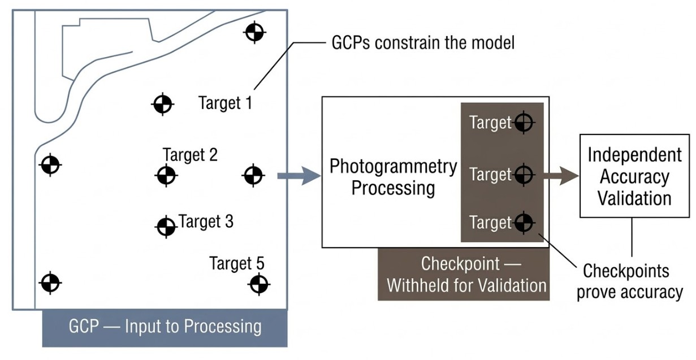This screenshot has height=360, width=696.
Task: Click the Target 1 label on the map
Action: (x=225, y=103)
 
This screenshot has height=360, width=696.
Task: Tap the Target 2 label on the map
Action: (x=190, y=154)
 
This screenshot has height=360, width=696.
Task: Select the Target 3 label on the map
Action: (x=206, y=222)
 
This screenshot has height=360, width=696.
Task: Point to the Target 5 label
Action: (x=236, y=263)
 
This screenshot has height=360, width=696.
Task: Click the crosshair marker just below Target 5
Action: (x=258, y=283)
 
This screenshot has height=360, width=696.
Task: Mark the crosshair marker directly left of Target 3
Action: (x=165, y=227)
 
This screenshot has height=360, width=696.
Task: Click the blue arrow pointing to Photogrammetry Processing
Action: (x=299, y=176)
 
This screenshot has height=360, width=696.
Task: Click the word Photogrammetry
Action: (x=393, y=166)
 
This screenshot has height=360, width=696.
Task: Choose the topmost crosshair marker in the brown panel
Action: (x=524, y=122)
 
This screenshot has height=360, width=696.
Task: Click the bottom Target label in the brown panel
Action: (x=490, y=223)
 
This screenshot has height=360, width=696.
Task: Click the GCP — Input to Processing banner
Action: (x=165, y=327)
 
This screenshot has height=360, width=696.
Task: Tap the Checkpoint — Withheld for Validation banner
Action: (x=464, y=274)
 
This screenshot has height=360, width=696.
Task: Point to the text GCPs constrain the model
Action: (x=422, y=43)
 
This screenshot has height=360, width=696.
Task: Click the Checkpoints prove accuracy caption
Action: (x=629, y=281)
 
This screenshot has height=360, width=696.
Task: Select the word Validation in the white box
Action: (x=634, y=198)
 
